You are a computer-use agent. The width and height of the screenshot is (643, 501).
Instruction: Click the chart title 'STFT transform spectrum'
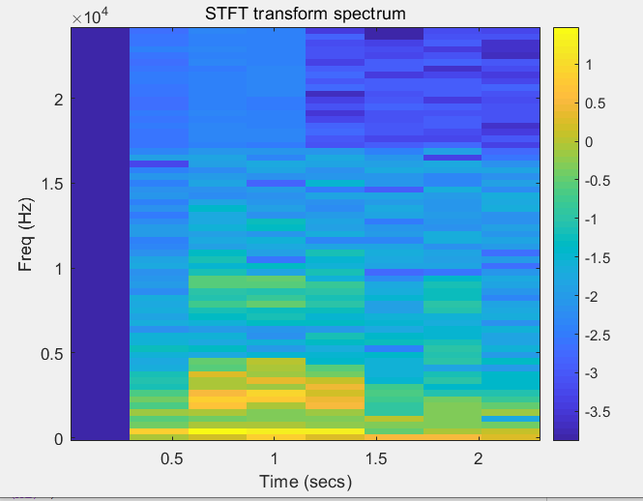click(306, 14)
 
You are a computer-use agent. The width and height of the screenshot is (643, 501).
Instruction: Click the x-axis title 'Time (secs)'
click(305, 481)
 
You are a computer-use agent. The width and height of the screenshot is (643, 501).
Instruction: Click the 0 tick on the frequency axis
click(57, 439)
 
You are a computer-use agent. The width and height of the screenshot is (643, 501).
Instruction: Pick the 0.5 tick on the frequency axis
click(51, 354)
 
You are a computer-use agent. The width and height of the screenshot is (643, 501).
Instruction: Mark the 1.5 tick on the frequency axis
click(51, 184)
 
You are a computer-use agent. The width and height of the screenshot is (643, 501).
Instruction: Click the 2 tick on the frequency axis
click(57, 100)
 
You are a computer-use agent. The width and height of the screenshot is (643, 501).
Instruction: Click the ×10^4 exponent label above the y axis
click(92, 16)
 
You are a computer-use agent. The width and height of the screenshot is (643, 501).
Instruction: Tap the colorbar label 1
click(590, 65)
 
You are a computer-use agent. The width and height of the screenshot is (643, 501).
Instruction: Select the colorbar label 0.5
click(596, 103)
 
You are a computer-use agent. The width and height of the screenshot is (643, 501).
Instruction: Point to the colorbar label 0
click(590, 142)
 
